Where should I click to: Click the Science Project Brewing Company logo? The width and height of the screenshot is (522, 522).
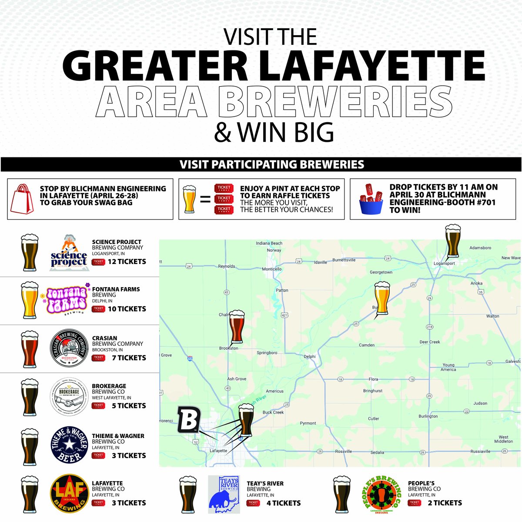[x=69, y=253]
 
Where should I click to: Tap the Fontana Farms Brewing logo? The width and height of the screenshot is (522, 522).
[x=67, y=299]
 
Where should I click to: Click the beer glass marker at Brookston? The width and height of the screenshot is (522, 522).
[x=237, y=327]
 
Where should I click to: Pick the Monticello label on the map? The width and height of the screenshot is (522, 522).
[x=272, y=269]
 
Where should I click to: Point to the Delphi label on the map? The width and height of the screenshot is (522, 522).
[x=310, y=357]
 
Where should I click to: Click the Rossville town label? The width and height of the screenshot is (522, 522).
[x=344, y=452]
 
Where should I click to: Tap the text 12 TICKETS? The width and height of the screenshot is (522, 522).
[x=127, y=262]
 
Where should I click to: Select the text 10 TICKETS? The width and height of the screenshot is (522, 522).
[x=127, y=309]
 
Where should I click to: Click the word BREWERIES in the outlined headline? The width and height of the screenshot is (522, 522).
[x=335, y=103]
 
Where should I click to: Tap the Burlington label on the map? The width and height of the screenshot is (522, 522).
[x=428, y=416]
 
